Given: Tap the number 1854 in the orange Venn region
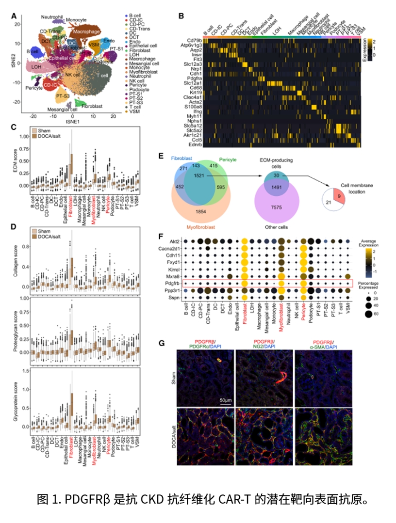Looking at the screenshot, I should [202, 211].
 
